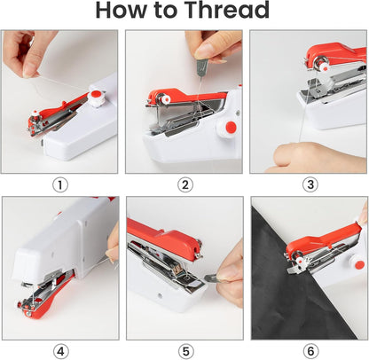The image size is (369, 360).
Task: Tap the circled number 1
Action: coord(60,184)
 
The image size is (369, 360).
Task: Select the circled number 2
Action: coord(184,184)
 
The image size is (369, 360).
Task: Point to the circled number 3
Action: coord(310,184)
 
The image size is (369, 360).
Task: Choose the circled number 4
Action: coord(60,349)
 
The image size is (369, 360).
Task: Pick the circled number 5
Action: coord(184,349)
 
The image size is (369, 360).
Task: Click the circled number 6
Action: coord(310,349)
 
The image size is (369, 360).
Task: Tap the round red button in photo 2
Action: coord(231,129)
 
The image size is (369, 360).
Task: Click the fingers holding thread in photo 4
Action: coord(113,244)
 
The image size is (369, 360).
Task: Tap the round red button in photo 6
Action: coord(359,264)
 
